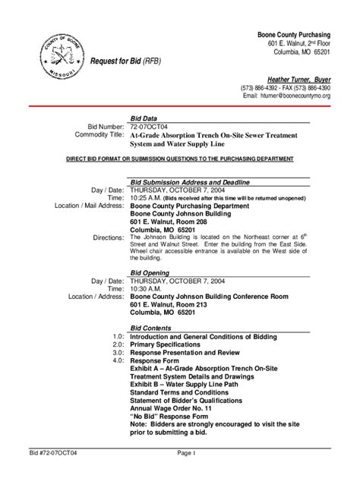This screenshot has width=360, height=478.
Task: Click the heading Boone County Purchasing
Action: click(x=292, y=36)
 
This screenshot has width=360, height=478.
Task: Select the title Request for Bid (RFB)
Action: click(x=125, y=62)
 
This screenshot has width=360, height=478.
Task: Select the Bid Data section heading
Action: click(x=145, y=119)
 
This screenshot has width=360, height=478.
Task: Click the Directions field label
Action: click(x=108, y=237)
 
